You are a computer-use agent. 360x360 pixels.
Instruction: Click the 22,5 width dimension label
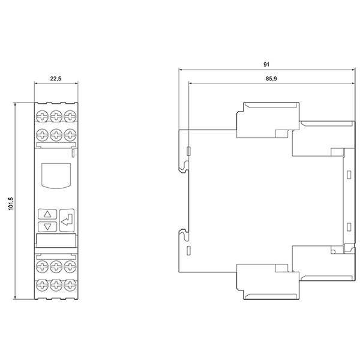tap(56, 79)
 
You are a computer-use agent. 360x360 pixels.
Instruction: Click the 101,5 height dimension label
tap(11, 203)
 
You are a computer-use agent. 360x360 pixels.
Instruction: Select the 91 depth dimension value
tap(266, 65)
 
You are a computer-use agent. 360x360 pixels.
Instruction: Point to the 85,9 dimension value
tap(271, 79)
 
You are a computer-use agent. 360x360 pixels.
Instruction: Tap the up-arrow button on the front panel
tap(47, 214)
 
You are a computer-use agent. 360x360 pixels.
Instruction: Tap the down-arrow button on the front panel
tap(47, 227)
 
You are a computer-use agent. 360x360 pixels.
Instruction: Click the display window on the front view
tap(56, 176)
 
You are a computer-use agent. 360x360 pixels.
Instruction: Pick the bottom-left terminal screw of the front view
tap(43, 285)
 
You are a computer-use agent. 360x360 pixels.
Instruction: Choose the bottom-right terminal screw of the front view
tap(70, 285)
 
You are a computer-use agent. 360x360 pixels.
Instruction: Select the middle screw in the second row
tap(56, 134)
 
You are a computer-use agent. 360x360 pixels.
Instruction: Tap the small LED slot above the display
tap(73, 153)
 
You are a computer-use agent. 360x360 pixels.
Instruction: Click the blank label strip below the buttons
tap(56, 241)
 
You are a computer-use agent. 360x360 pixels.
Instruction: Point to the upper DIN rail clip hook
tap(184, 166)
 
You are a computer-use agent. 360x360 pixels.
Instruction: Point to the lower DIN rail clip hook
tap(184, 235)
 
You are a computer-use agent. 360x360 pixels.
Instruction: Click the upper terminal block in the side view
tap(268, 120)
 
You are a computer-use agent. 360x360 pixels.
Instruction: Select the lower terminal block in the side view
tap(268, 282)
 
